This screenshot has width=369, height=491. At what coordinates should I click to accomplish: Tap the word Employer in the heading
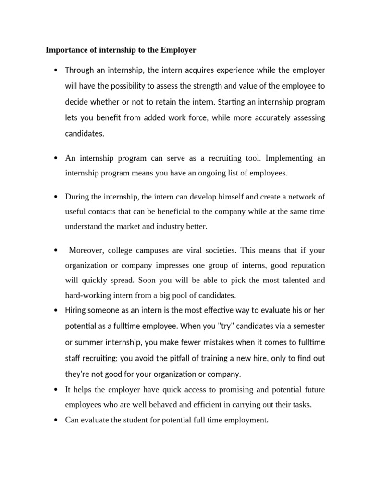pyautogui.click(x=179, y=50)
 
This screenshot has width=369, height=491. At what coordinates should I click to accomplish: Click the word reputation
pyautogui.click(x=306, y=265)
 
